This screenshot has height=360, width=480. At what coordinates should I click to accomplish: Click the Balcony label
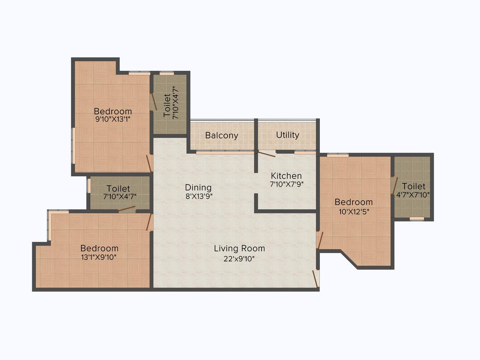click(222, 135)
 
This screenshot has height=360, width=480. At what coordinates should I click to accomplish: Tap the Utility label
click(288, 135)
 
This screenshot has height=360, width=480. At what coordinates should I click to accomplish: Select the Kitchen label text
click(286, 175)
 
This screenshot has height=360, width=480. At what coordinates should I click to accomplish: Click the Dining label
click(198, 187)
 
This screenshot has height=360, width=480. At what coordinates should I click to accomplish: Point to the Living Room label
click(239, 248)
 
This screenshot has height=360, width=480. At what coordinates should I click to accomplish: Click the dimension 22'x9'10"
click(239, 259)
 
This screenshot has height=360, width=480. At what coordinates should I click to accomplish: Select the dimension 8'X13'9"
click(199, 197)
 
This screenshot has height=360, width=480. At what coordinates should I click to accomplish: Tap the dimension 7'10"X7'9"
click(286, 185)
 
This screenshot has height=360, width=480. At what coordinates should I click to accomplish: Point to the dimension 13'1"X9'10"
click(99, 257)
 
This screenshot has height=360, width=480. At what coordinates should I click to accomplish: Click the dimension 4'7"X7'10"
click(413, 195)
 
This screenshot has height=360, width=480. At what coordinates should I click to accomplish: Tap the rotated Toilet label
click(167, 106)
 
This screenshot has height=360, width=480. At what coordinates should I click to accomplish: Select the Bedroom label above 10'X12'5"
click(354, 202)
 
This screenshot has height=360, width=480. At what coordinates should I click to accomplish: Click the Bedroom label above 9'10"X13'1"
click(113, 111)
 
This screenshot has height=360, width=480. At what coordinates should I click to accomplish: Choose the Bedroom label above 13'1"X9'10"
click(99, 248)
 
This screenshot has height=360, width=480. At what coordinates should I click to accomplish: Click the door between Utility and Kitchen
click(267, 154)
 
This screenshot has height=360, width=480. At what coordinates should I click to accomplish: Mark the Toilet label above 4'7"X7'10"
click(413, 186)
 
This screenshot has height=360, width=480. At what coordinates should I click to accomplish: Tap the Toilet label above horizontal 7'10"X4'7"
click(118, 189)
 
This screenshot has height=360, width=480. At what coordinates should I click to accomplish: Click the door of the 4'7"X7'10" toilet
click(395, 186)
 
